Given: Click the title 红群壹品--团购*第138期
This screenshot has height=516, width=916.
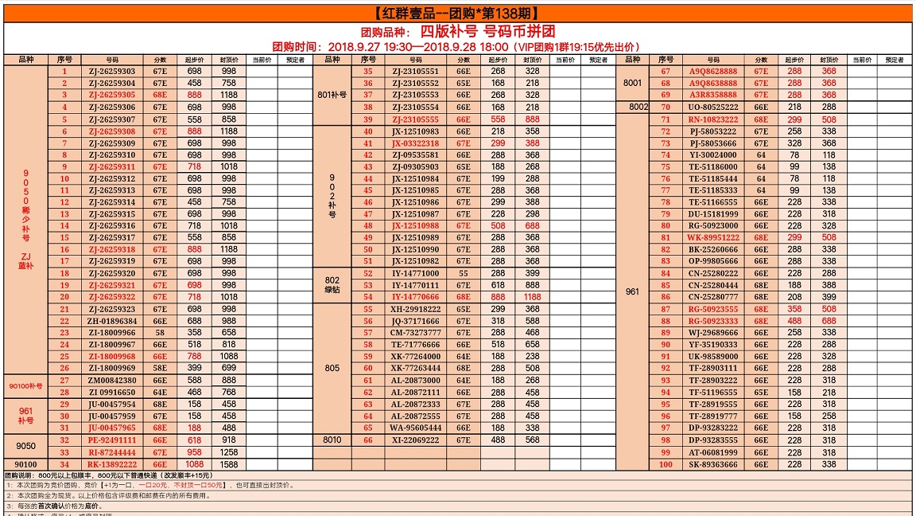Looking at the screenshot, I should [x=457, y=13].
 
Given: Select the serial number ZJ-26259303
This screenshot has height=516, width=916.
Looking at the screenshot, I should [x=112, y=72].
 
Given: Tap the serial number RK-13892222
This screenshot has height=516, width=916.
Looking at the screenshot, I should [x=112, y=464].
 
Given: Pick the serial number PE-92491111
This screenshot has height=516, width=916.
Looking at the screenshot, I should [x=112, y=440].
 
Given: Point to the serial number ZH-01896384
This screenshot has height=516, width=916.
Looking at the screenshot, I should [x=112, y=321].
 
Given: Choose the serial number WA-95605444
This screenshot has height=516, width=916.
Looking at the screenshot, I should [x=415, y=428].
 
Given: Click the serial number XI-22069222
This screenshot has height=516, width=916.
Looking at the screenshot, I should [x=415, y=440].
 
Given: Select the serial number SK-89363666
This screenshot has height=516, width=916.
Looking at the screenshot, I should [x=712, y=464].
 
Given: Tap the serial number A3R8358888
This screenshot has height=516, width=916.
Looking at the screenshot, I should [x=712, y=95].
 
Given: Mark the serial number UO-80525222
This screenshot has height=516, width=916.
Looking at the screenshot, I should [x=712, y=107].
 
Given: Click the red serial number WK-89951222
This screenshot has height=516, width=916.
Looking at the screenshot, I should [x=712, y=237].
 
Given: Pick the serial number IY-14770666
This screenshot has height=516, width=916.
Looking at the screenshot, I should [x=415, y=297].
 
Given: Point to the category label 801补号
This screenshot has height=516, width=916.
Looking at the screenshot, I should [x=332, y=95].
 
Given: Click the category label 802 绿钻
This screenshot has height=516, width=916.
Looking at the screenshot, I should [x=332, y=285].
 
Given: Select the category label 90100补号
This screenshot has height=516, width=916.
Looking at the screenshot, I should [x=25, y=386].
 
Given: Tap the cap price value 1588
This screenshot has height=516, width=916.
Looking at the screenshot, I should [x=229, y=464].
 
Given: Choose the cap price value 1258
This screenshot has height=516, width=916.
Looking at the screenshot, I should [x=229, y=452].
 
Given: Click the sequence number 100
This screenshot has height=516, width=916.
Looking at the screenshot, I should [x=666, y=464].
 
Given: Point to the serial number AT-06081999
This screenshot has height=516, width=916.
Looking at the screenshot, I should [x=712, y=452].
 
